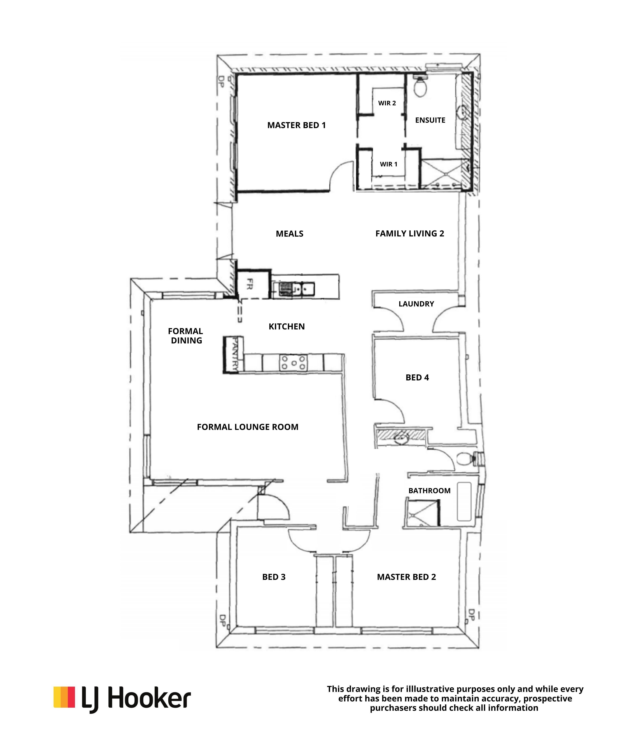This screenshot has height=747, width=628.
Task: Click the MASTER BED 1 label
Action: tap(296, 125)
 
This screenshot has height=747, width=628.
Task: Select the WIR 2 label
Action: tap(387, 103)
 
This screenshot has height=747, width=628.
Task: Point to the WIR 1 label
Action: tap(388, 164)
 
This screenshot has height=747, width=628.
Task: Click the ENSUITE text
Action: tap(430, 120)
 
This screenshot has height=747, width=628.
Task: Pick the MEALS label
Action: tap(290, 234)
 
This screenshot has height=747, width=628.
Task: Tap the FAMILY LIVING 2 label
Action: tap(410, 233)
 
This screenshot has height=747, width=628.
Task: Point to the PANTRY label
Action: tap(234, 355)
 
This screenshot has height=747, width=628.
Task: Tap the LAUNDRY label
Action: tap(416, 304)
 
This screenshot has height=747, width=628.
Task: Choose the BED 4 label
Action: tap(417, 377)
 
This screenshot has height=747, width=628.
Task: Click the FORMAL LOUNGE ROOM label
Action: tap(247, 427)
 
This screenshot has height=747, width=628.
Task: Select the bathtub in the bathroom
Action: tap(464, 502)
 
